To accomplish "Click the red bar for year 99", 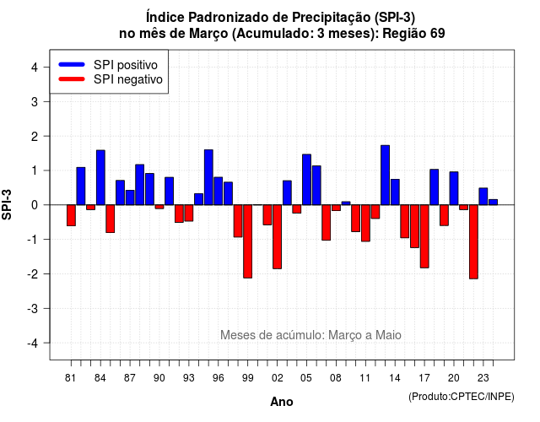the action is [247, 241].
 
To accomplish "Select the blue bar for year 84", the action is [100, 177].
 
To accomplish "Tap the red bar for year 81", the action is [71, 215].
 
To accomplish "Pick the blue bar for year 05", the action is [306, 180].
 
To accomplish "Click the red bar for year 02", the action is [277, 236].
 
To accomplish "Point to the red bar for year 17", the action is [424, 236].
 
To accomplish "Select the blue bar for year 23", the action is [483, 197].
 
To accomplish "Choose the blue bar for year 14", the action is [395, 192].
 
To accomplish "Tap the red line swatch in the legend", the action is [72, 79].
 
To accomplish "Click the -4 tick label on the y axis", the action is [33, 344].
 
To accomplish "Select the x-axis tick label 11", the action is [365, 378].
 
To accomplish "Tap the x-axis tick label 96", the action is [218, 378].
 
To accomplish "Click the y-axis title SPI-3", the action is [7, 204].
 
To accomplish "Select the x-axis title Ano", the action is [282, 402].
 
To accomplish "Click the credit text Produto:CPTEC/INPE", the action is [462, 397].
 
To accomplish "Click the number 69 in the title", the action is [437, 34].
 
